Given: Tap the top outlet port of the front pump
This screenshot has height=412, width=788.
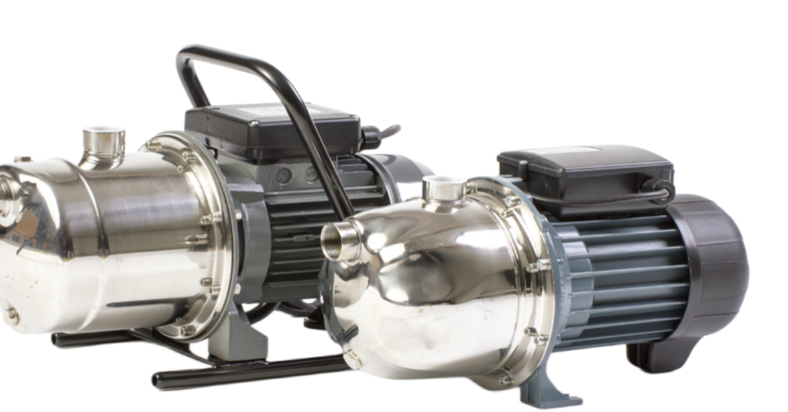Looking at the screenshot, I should [444, 190].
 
